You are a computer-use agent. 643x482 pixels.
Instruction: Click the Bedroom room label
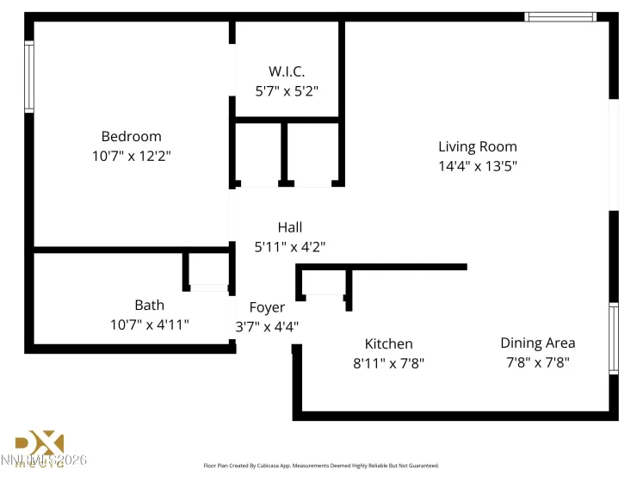click(131, 136)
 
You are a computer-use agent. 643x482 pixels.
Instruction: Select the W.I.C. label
click(287, 71)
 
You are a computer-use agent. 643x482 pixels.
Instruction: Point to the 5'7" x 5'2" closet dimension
click(287, 90)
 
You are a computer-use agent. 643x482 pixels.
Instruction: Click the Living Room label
click(478, 146)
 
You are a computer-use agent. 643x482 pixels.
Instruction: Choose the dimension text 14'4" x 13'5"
click(478, 166)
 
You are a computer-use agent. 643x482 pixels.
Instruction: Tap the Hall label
click(290, 227)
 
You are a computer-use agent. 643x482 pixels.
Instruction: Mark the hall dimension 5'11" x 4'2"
click(290, 247)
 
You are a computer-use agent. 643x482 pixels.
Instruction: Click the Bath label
click(149, 305)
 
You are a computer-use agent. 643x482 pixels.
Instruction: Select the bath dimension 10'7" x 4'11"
click(149, 324)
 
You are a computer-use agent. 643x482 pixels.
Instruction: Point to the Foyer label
click(267, 307)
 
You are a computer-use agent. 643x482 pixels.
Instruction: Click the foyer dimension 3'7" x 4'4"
click(267, 327)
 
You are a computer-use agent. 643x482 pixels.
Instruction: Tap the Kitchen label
click(388, 343)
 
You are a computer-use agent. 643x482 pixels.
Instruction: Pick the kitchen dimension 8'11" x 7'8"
click(388, 363)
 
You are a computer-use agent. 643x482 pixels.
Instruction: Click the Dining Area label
click(538, 343)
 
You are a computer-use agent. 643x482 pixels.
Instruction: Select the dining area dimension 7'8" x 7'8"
click(538, 362)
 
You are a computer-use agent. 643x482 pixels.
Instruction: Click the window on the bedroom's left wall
click(29, 77)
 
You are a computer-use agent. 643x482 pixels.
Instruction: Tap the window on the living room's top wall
click(560, 16)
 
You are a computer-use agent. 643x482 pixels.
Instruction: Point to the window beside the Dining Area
click(614, 337)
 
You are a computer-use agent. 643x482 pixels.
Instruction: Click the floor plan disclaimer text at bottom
click(321, 466)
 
